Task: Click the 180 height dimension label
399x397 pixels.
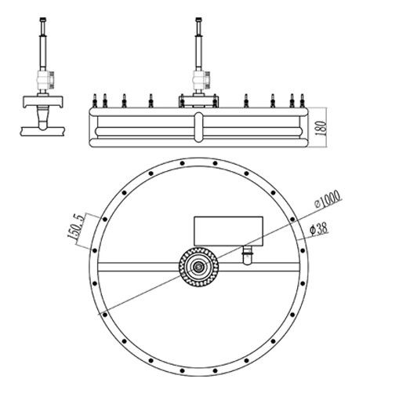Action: coord(321,128)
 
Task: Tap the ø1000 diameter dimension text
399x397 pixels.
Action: coord(327,199)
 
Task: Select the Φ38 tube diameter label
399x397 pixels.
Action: coord(318,228)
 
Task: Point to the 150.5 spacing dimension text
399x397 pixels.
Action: coord(75,227)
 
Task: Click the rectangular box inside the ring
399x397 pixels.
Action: coord(228,231)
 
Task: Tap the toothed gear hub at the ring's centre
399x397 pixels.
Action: coord(198,267)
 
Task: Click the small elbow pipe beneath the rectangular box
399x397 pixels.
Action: coord(247,255)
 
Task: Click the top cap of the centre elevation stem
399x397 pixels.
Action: coord(199,20)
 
